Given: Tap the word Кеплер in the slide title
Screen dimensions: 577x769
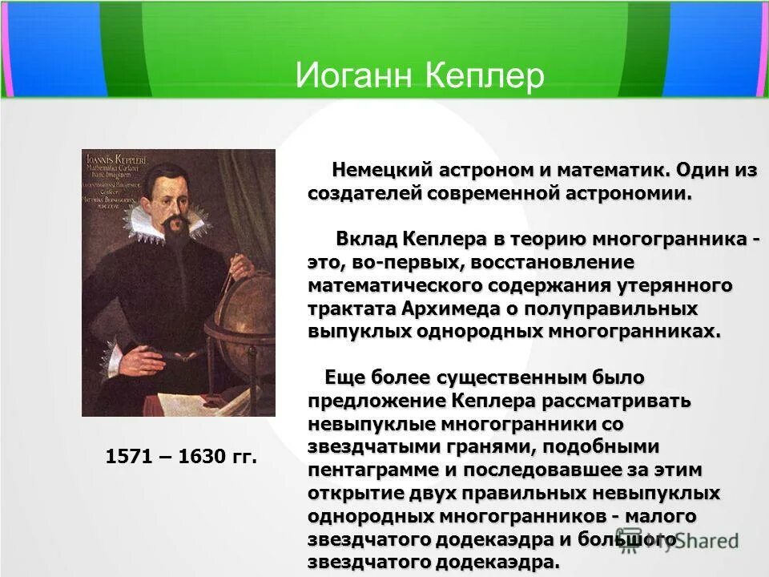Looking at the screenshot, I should pos(481,76).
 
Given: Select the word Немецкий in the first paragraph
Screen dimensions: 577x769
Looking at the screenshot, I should pos(382,170).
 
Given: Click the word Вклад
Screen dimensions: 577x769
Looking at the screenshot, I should pos(365,239).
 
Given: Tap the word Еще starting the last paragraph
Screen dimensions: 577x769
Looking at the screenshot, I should pos(341,377).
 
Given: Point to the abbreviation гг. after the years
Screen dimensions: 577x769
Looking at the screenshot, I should pos(241,458).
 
